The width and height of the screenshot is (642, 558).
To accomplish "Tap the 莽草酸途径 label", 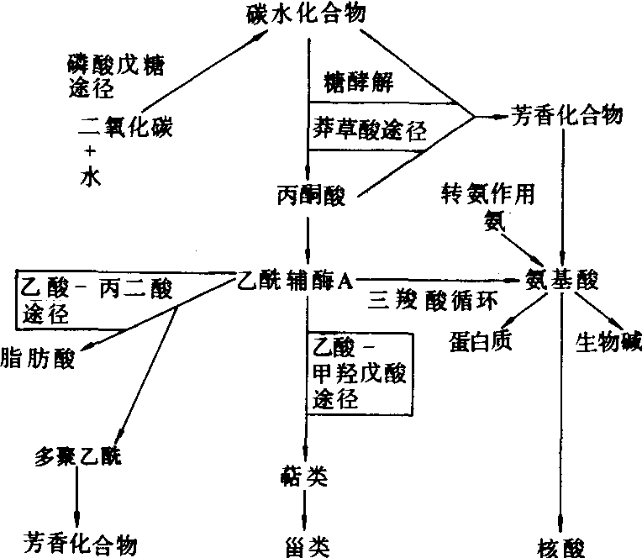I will pos(366,129).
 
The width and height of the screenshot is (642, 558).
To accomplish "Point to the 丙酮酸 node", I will pos(310,195).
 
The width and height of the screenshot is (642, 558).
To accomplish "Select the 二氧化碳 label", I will pos(119,128).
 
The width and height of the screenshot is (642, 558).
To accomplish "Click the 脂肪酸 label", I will pos(38,359).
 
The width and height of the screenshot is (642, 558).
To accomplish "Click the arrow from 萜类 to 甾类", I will pos(308,510).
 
